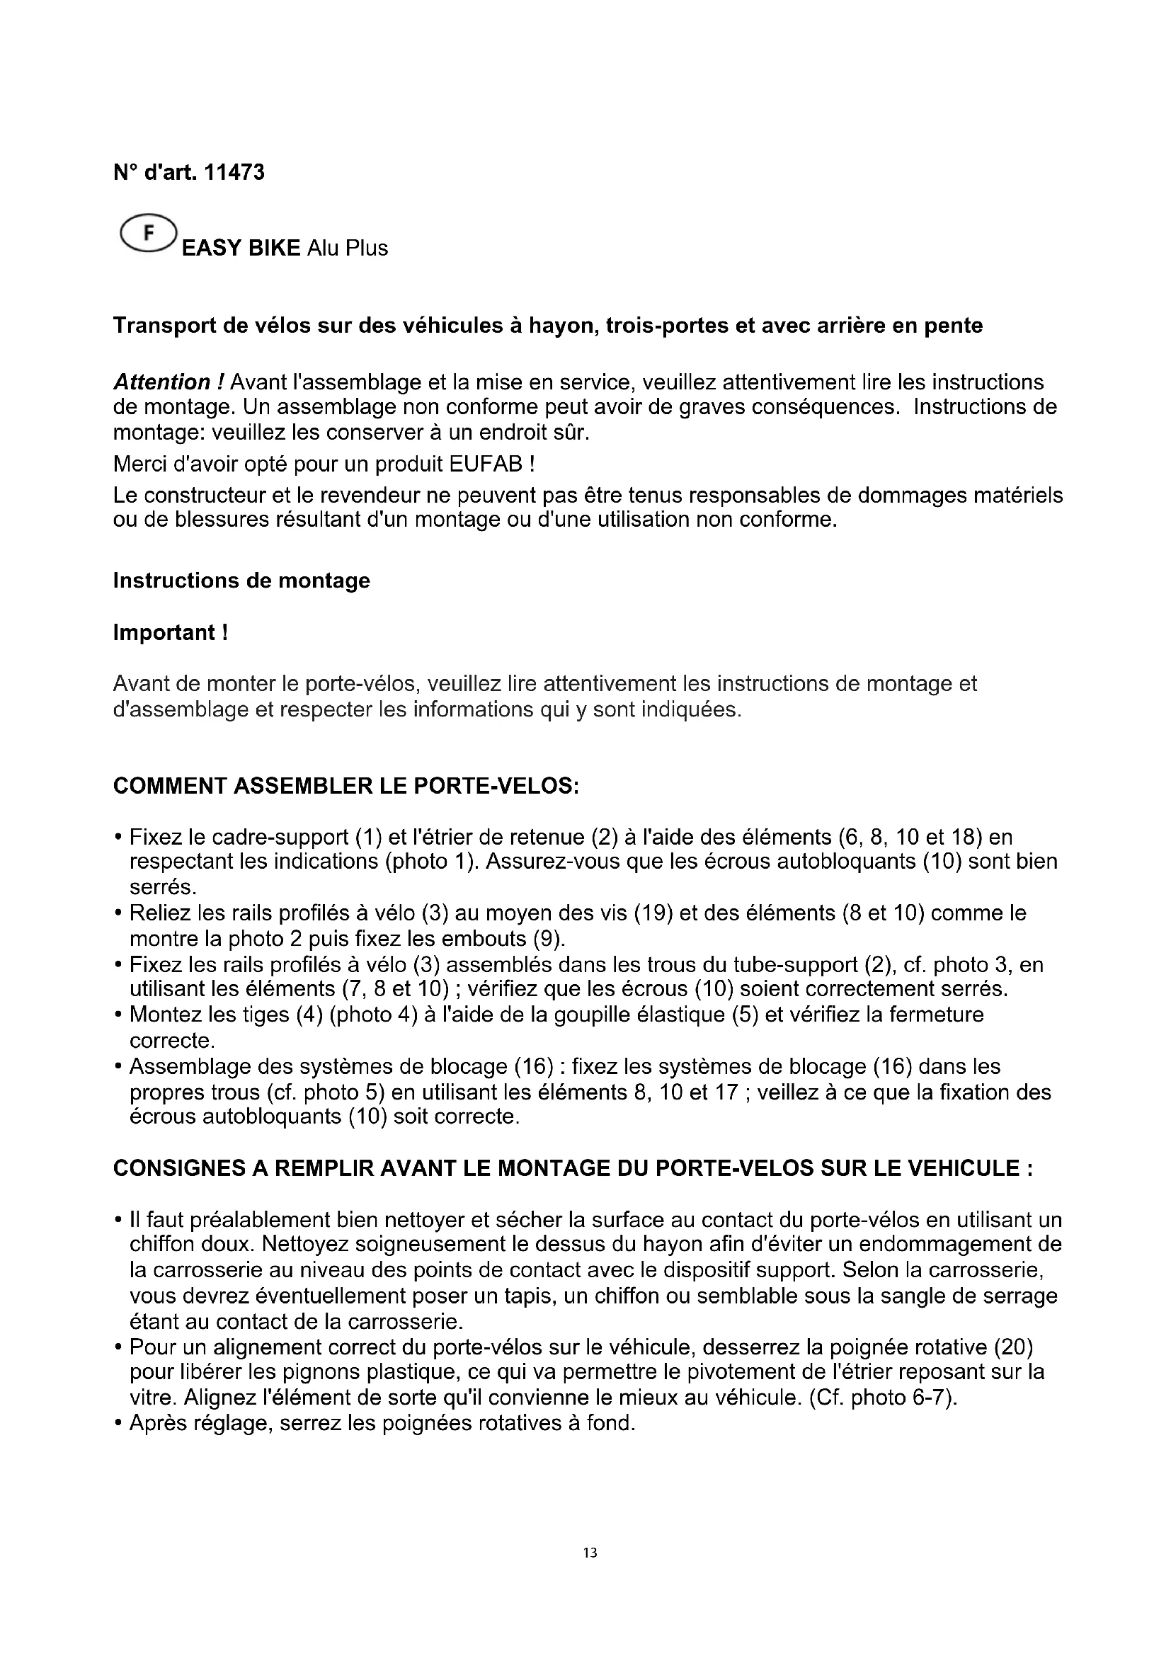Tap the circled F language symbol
[x=149, y=234]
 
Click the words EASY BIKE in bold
[x=241, y=248]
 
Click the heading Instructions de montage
[x=241, y=581]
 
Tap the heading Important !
[x=171, y=632]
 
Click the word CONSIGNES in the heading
[x=180, y=1168]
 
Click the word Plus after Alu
[x=367, y=248]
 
